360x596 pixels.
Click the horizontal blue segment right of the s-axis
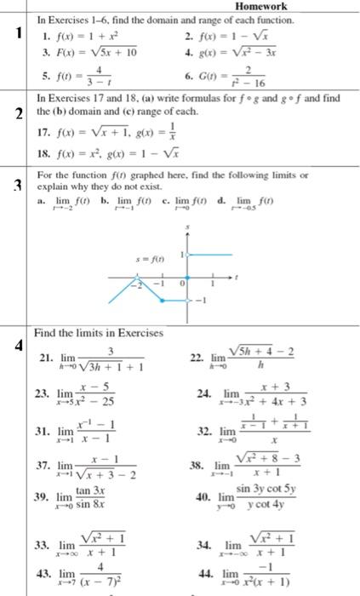click(209, 255)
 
